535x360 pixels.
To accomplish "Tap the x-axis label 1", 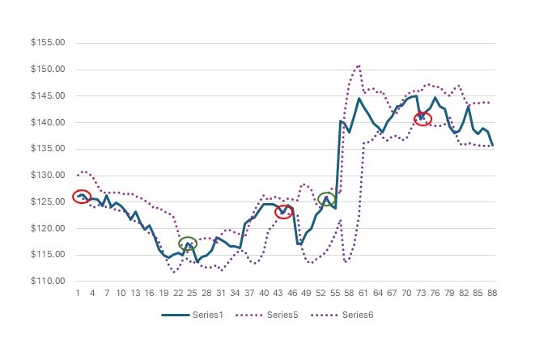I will click(78, 293).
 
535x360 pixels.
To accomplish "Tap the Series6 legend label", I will click(357, 316).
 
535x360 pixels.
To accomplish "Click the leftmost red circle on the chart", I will click(81, 197).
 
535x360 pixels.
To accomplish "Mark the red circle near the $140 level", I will click(422, 119).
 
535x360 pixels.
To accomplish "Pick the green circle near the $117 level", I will click(188, 243).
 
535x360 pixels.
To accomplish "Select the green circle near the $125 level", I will click(326, 198).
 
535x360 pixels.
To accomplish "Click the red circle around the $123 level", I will click(283, 212).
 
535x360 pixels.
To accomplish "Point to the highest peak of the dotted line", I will click(358, 65).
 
